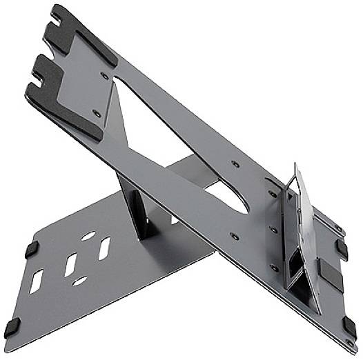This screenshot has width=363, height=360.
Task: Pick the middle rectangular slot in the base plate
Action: coord(71,265)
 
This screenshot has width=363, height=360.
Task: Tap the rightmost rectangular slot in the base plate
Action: coord(104,248)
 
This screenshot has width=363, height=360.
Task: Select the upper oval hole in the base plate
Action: coord(88,235)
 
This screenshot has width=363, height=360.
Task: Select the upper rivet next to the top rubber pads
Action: coord(104,73)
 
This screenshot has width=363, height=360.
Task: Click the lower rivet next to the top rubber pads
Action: coord(97,113)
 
